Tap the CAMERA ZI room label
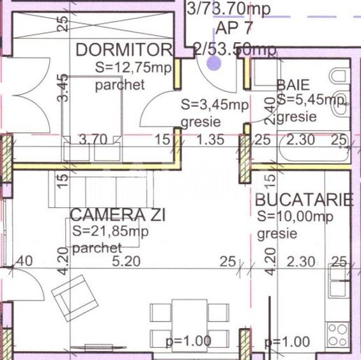[118, 215]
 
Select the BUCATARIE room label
[303, 200]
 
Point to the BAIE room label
[293, 84]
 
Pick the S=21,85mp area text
[110, 231]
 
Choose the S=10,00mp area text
[295, 217]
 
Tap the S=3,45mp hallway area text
[205, 104]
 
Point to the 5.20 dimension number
[125, 261]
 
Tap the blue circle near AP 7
[213, 63]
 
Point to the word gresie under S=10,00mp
[277, 233]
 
